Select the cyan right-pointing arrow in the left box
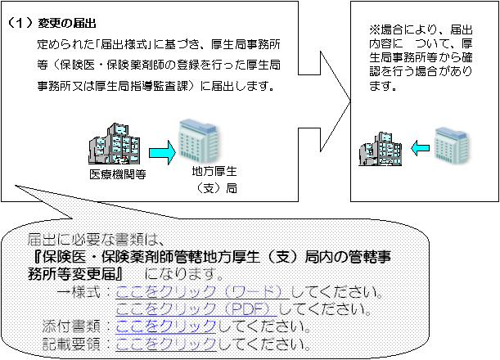(162, 151)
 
